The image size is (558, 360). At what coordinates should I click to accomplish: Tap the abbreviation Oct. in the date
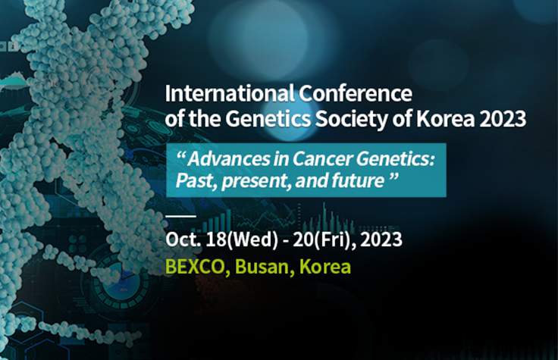[182, 242]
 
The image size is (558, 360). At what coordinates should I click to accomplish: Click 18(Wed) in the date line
[235, 242]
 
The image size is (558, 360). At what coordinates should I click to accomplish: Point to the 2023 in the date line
[379, 242]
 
